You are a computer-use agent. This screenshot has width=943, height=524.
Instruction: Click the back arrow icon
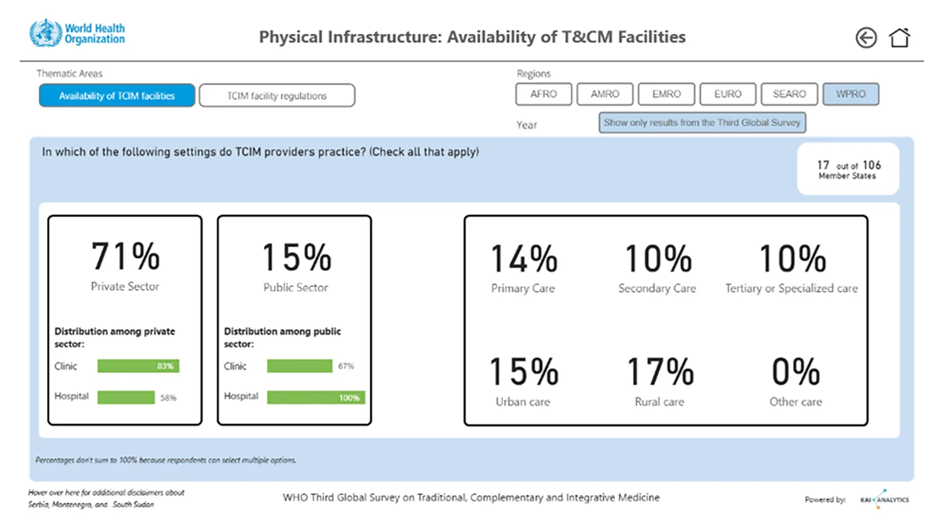point(866,38)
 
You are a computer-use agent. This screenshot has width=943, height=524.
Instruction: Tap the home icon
point(899,38)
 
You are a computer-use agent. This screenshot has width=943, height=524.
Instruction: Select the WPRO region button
point(851,94)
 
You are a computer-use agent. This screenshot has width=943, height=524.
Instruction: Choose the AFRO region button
point(544,94)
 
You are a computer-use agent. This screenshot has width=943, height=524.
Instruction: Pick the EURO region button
point(728,94)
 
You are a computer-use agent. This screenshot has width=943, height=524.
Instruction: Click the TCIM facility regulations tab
point(277,96)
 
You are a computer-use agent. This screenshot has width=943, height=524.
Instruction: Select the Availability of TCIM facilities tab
point(117,96)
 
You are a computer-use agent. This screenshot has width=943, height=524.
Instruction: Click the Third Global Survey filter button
point(702,123)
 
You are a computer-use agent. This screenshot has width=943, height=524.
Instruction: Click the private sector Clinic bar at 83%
point(138,366)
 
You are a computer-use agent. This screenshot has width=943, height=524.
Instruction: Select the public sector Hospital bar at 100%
point(316,397)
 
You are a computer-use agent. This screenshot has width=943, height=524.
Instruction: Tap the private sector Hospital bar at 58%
point(126,397)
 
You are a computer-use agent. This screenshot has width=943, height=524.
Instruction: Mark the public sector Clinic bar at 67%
point(299,366)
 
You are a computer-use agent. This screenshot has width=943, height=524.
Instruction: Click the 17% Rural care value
point(659,372)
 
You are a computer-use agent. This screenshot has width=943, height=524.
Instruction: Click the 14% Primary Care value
point(524,258)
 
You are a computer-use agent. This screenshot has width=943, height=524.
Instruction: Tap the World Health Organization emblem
point(45,33)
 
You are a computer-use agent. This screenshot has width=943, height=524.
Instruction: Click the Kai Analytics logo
point(885,499)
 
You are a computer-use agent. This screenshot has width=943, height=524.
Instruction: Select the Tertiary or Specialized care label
point(791,288)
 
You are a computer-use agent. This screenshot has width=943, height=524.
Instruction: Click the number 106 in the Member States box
point(871,165)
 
